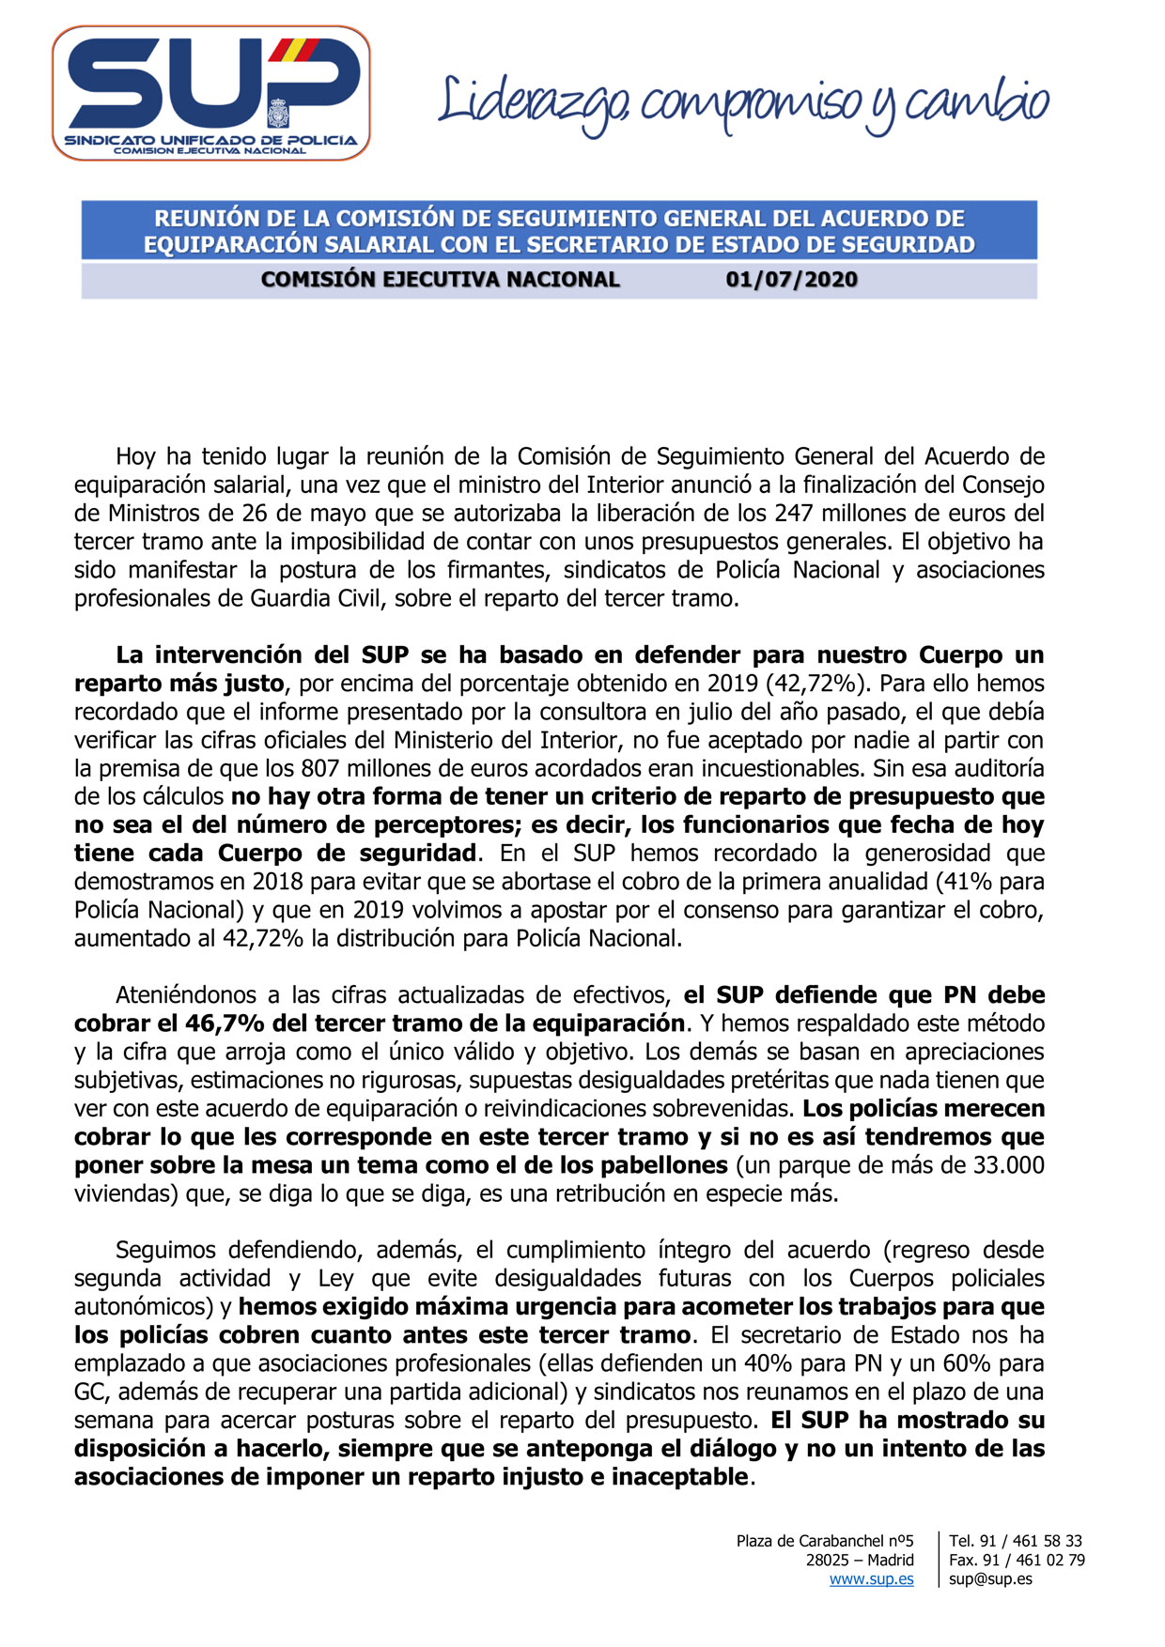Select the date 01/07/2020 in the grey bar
[x=791, y=280]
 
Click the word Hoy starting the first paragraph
[x=135, y=457]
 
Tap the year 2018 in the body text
[x=276, y=882]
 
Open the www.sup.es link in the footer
[x=871, y=1579]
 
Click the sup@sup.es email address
[x=990, y=1579]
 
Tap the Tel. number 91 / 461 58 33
[x=1031, y=1541]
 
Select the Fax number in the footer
[x=1033, y=1560]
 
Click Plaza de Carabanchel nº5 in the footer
[x=824, y=1541]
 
